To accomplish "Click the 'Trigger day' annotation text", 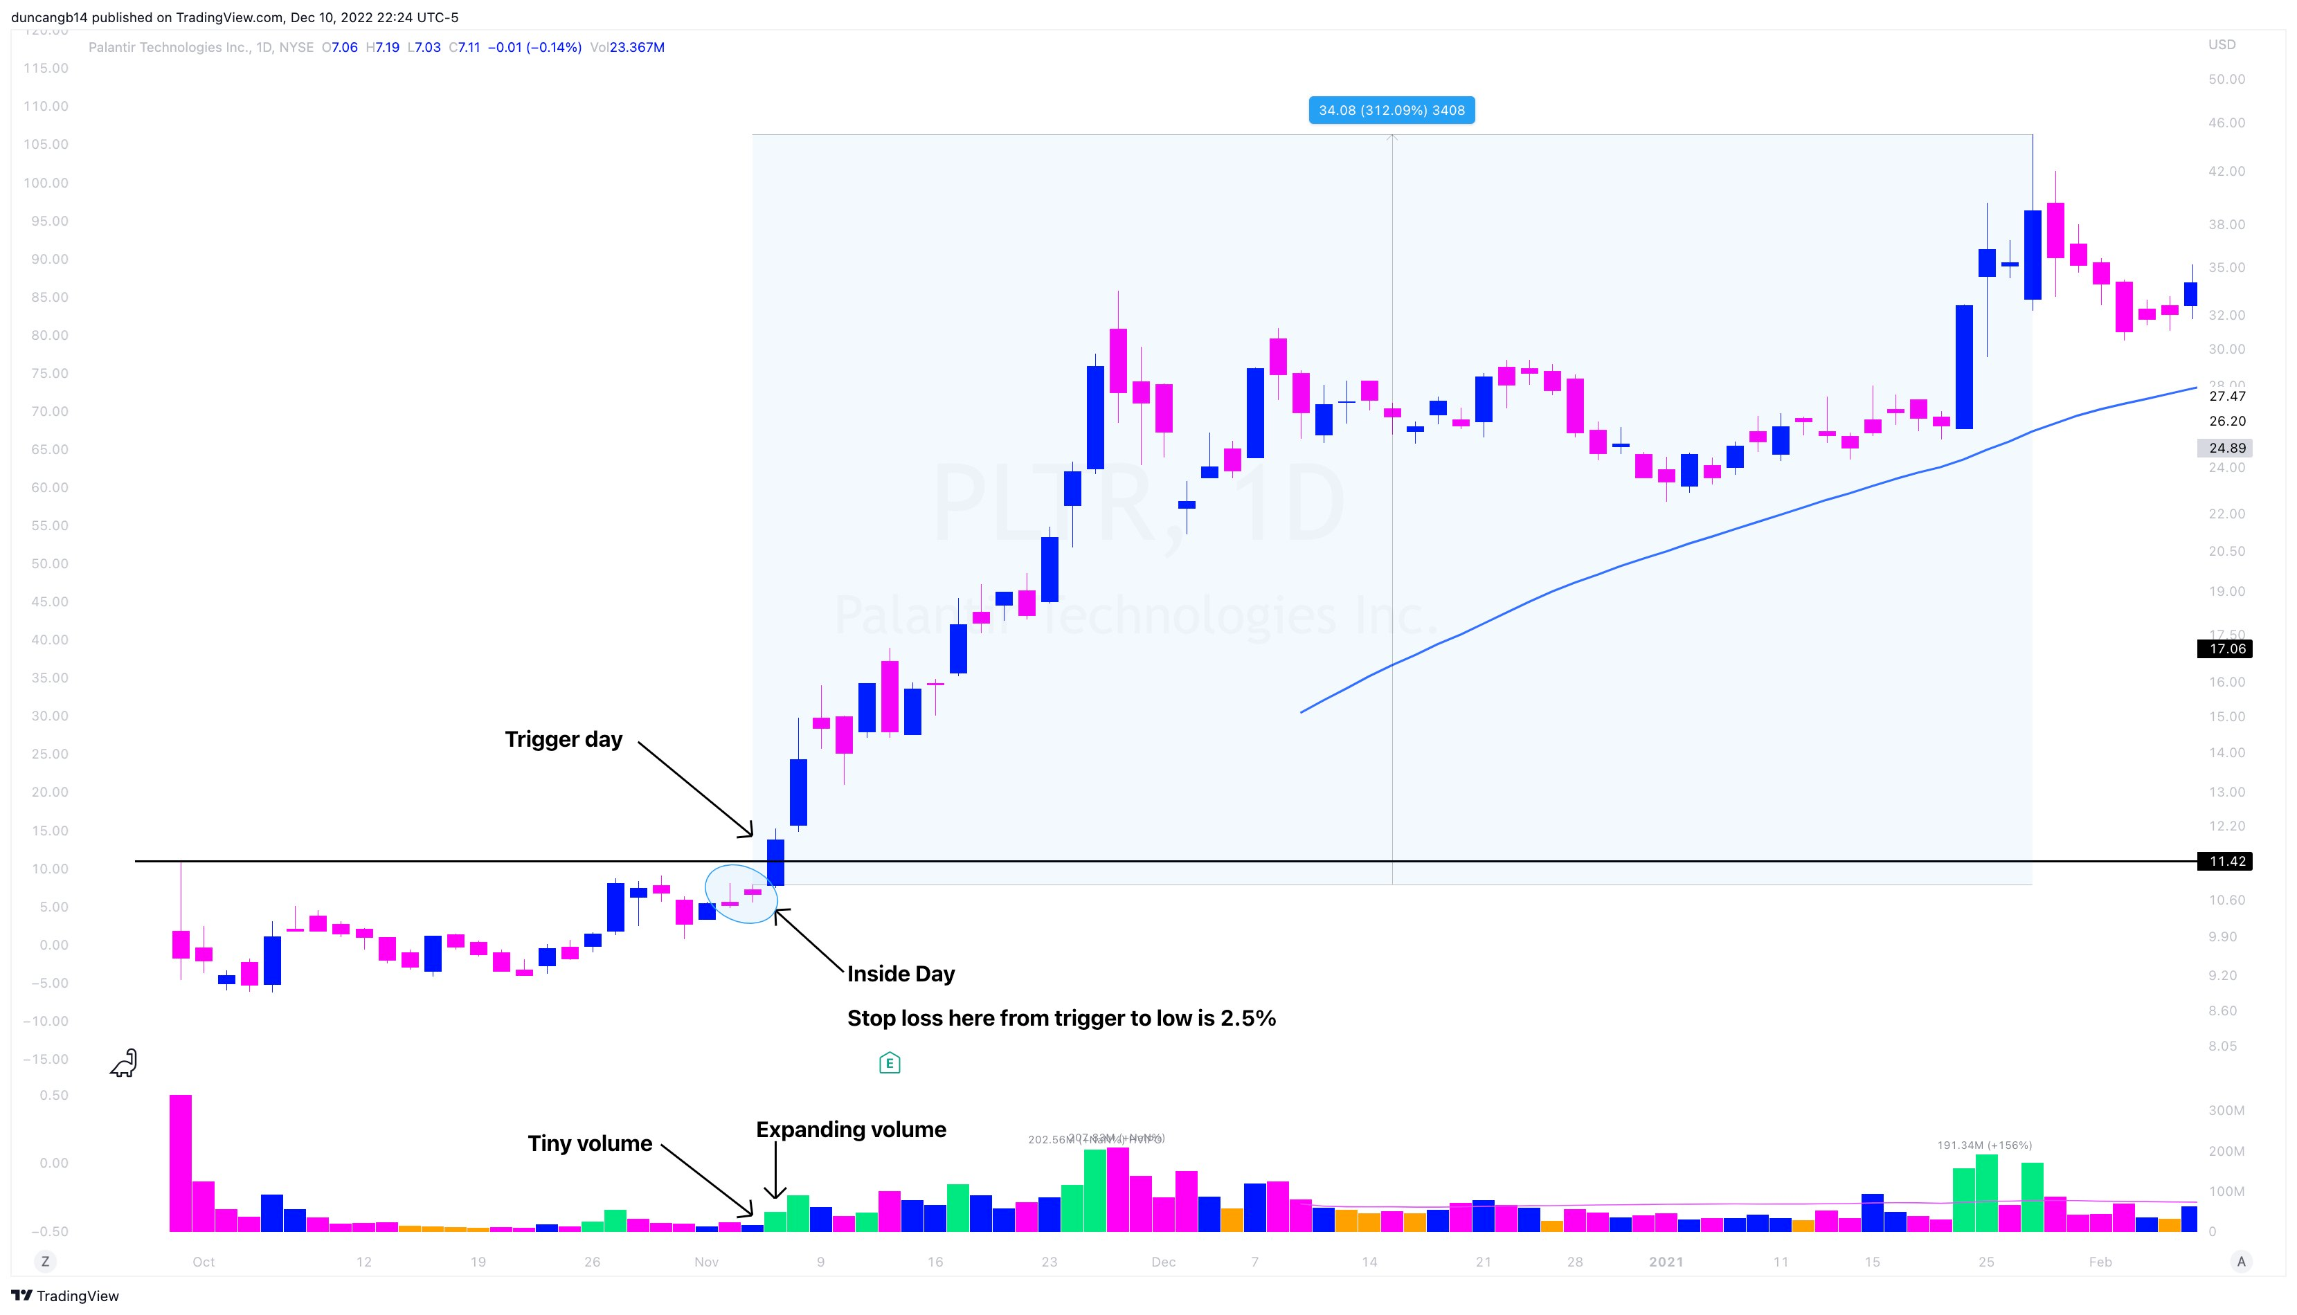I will (563, 740).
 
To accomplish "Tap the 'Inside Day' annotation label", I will (901, 974).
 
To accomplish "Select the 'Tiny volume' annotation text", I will (589, 1143).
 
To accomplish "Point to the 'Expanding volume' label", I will (851, 1130).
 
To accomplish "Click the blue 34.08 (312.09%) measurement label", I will (1391, 110).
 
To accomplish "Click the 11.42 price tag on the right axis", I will (2226, 862).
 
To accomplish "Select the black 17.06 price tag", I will (2226, 649).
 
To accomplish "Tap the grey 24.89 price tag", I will (2226, 448).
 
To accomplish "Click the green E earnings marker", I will (889, 1063).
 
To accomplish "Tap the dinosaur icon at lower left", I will (124, 1063).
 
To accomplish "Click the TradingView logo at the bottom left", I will (65, 1296).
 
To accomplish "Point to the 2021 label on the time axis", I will (1666, 1262).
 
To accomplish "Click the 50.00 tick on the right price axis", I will (2226, 80).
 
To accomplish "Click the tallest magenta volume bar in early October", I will (181, 1163).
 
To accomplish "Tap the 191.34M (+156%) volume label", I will (1985, 1145).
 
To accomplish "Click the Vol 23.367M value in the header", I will (636, 47).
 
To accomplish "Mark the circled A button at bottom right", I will (2240, 1262).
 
